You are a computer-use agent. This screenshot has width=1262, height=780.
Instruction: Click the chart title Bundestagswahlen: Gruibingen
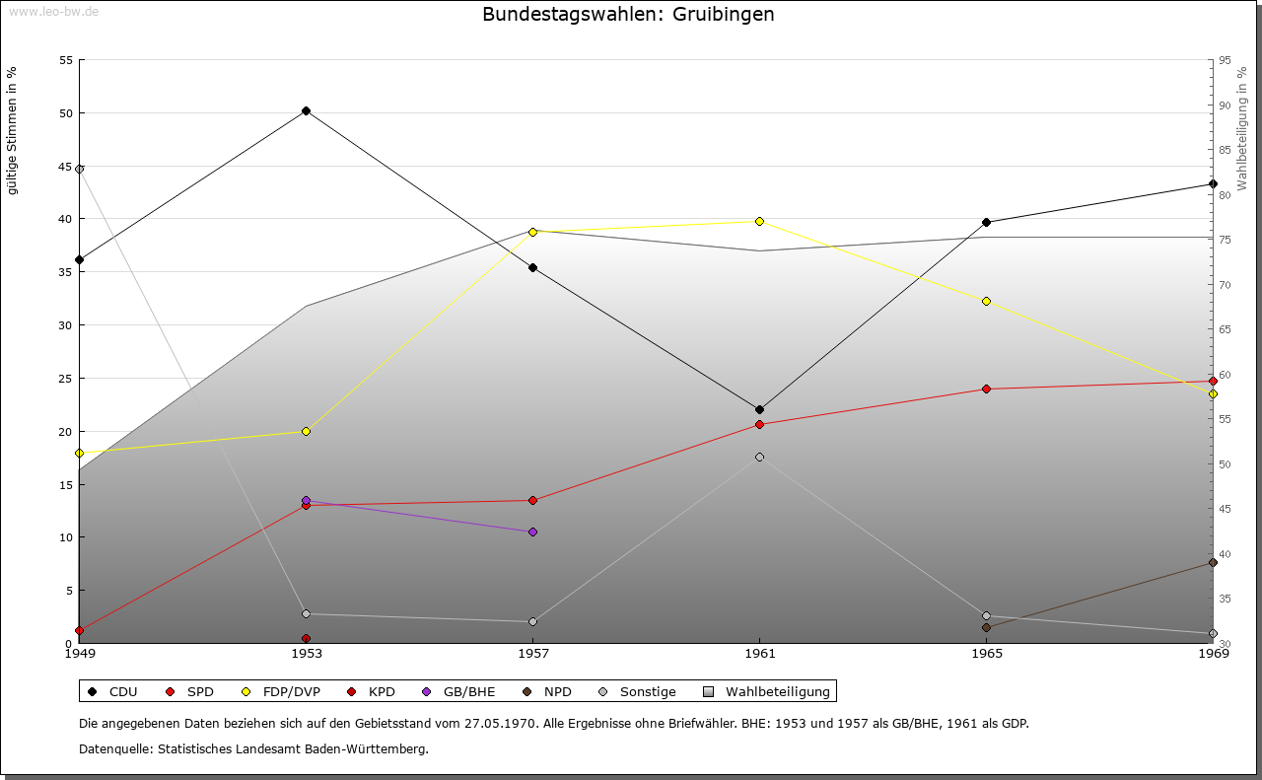[628, 15]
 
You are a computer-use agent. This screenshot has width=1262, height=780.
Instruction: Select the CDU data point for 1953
[306, 110]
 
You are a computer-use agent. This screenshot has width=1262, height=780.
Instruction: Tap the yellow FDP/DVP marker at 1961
[759, 221]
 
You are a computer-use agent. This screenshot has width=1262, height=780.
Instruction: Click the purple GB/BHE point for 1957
[532, 532]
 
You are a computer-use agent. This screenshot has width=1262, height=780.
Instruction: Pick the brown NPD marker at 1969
[1213, 563]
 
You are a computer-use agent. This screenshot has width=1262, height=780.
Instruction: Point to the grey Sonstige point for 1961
[759, 457]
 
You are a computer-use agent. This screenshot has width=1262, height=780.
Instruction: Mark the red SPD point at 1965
[986, 389]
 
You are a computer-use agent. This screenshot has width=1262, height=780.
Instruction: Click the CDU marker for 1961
[759, 409]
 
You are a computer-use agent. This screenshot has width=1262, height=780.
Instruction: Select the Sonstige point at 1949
[79, 169]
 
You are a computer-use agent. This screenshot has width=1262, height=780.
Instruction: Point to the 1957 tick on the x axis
[532, 653]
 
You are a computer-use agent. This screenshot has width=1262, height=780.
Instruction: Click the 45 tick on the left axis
[66, 167]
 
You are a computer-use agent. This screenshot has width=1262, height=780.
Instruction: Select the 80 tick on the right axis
[1225, 195]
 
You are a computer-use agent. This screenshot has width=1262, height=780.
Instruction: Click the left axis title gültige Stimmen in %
[13, 130]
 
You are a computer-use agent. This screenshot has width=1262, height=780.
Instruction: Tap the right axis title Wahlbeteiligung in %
[1241, 128]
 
